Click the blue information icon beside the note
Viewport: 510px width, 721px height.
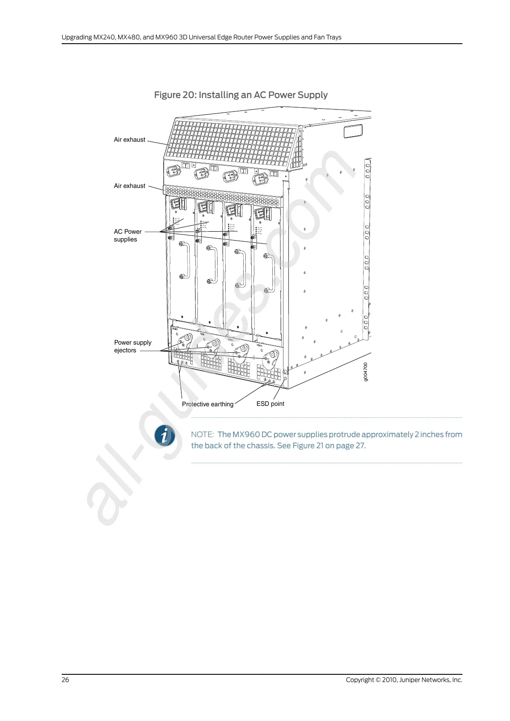pos(165,436)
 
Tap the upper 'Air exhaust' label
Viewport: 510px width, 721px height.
pos(129,140)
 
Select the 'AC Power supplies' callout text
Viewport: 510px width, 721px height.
pos(127,235)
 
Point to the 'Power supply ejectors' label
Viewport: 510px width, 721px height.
pos(132,346)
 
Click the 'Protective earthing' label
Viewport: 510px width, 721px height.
pos(207,404)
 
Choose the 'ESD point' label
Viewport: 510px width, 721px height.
pos(270,404)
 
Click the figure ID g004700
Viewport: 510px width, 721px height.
pos(365,371)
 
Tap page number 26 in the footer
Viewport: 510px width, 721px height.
pos(65,680)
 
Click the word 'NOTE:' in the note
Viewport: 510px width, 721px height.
pos(202,435)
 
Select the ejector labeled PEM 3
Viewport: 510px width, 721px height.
pos(271,359)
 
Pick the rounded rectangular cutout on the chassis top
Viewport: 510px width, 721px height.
pos(353,131)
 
